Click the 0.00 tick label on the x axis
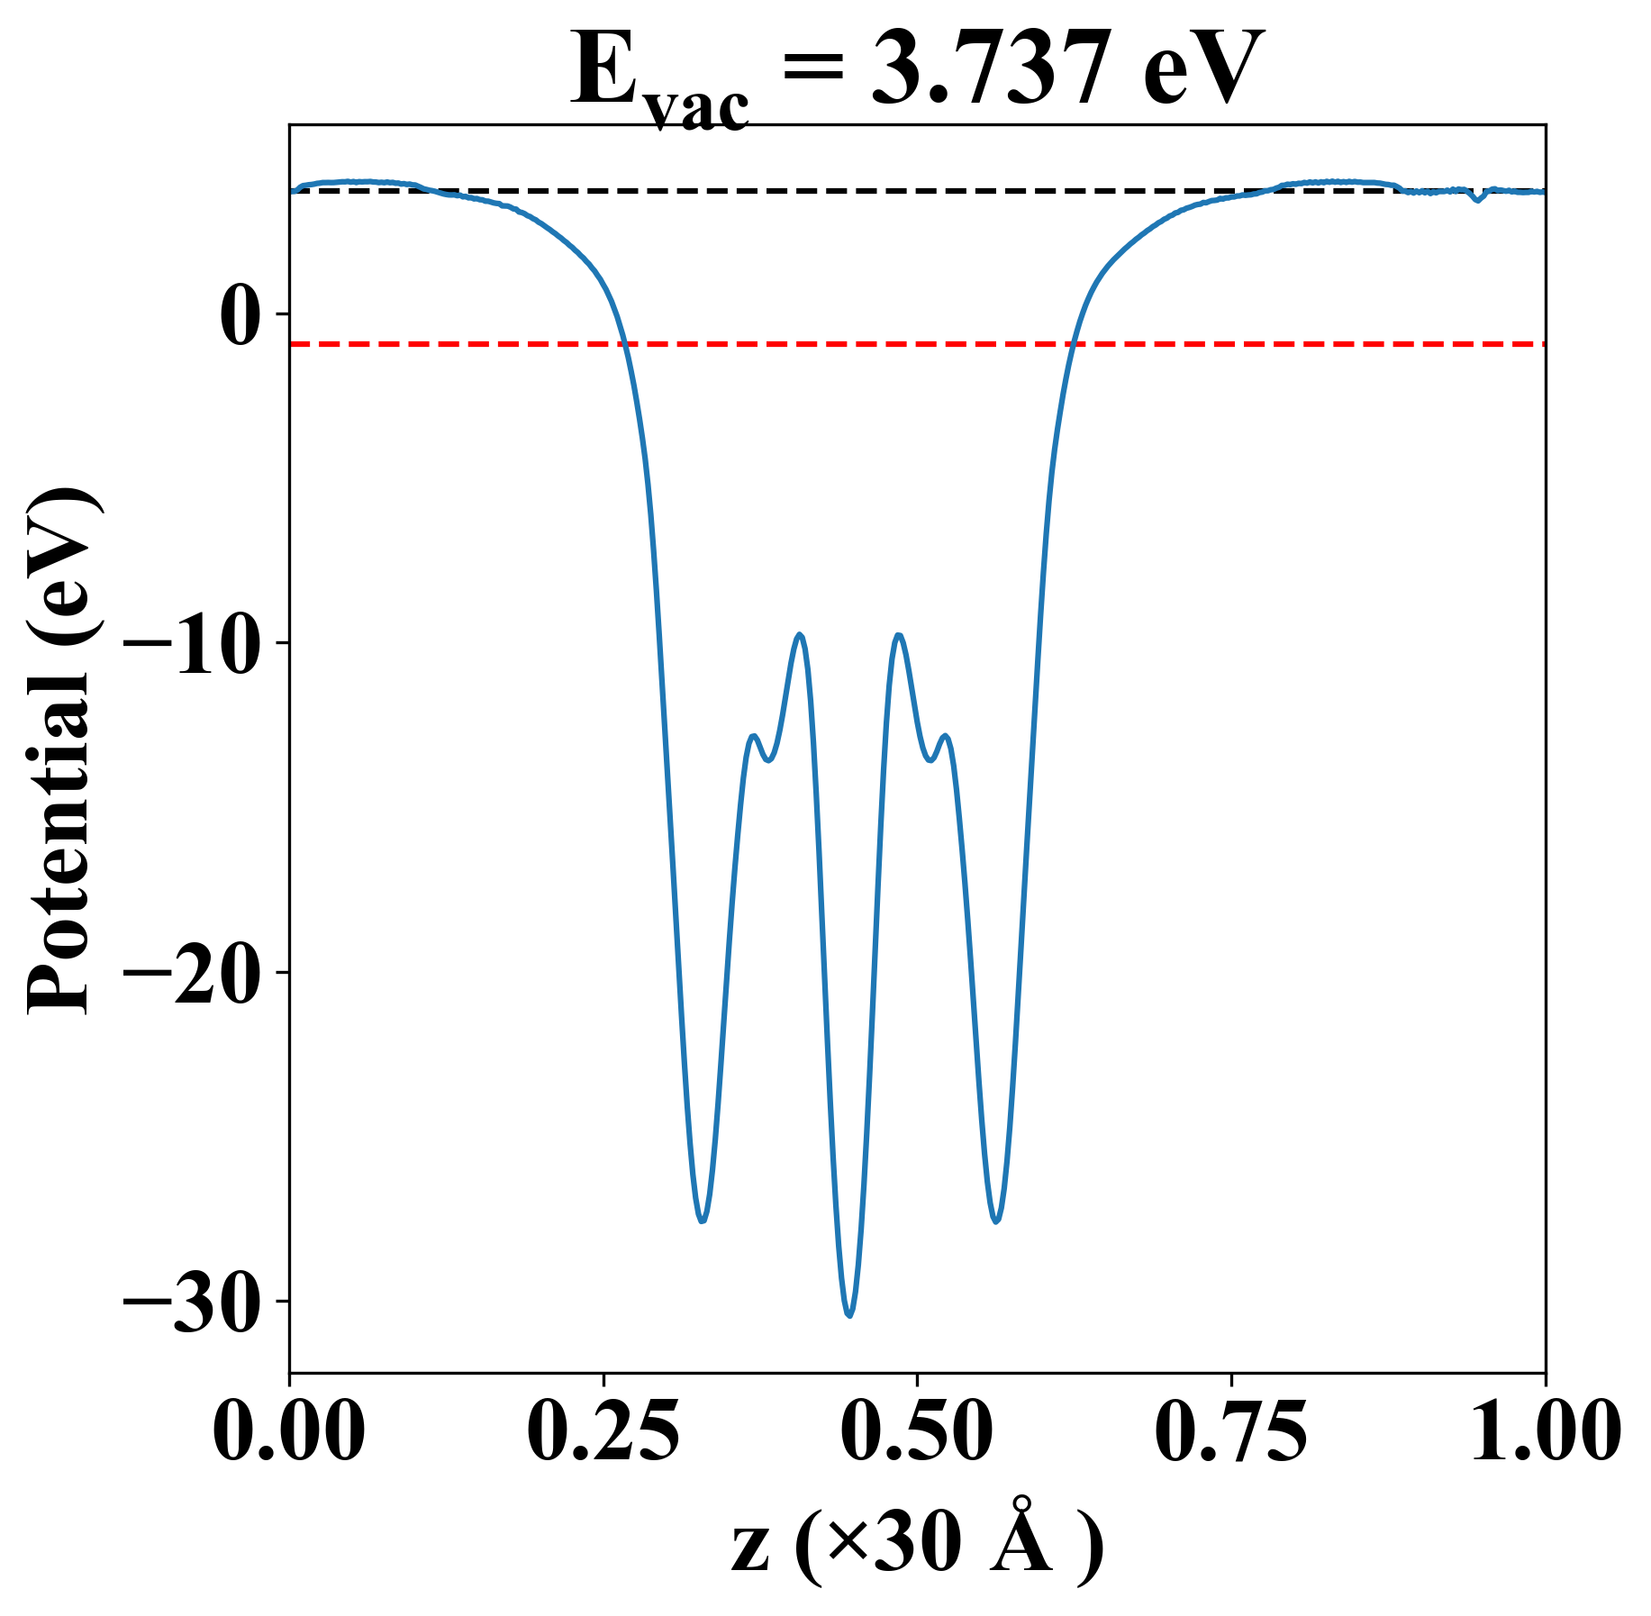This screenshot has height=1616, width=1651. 289,1433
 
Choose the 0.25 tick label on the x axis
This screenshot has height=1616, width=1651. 603,1433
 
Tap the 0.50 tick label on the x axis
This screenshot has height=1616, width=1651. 917,1433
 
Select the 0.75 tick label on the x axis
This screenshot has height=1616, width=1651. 1231,1433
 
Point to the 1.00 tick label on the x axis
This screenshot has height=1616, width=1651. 1544,1433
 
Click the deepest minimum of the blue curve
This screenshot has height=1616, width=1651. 849,1315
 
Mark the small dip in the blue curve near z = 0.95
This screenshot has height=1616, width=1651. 1476,199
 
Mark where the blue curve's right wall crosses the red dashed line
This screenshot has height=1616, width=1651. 1073,344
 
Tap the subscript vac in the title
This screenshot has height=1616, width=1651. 699,108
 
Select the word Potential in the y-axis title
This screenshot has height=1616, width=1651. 61,865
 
